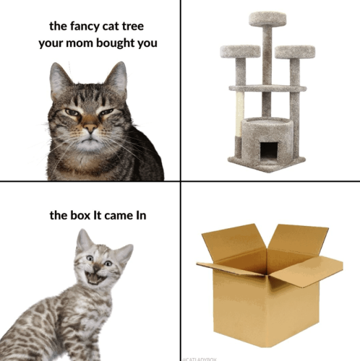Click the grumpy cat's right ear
click(116, 75)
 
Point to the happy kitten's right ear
click(124, 253)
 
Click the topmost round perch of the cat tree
click(267, 19)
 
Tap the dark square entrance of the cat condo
click(268, 150)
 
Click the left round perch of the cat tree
click(240, 51)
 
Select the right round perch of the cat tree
click(295, 51)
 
